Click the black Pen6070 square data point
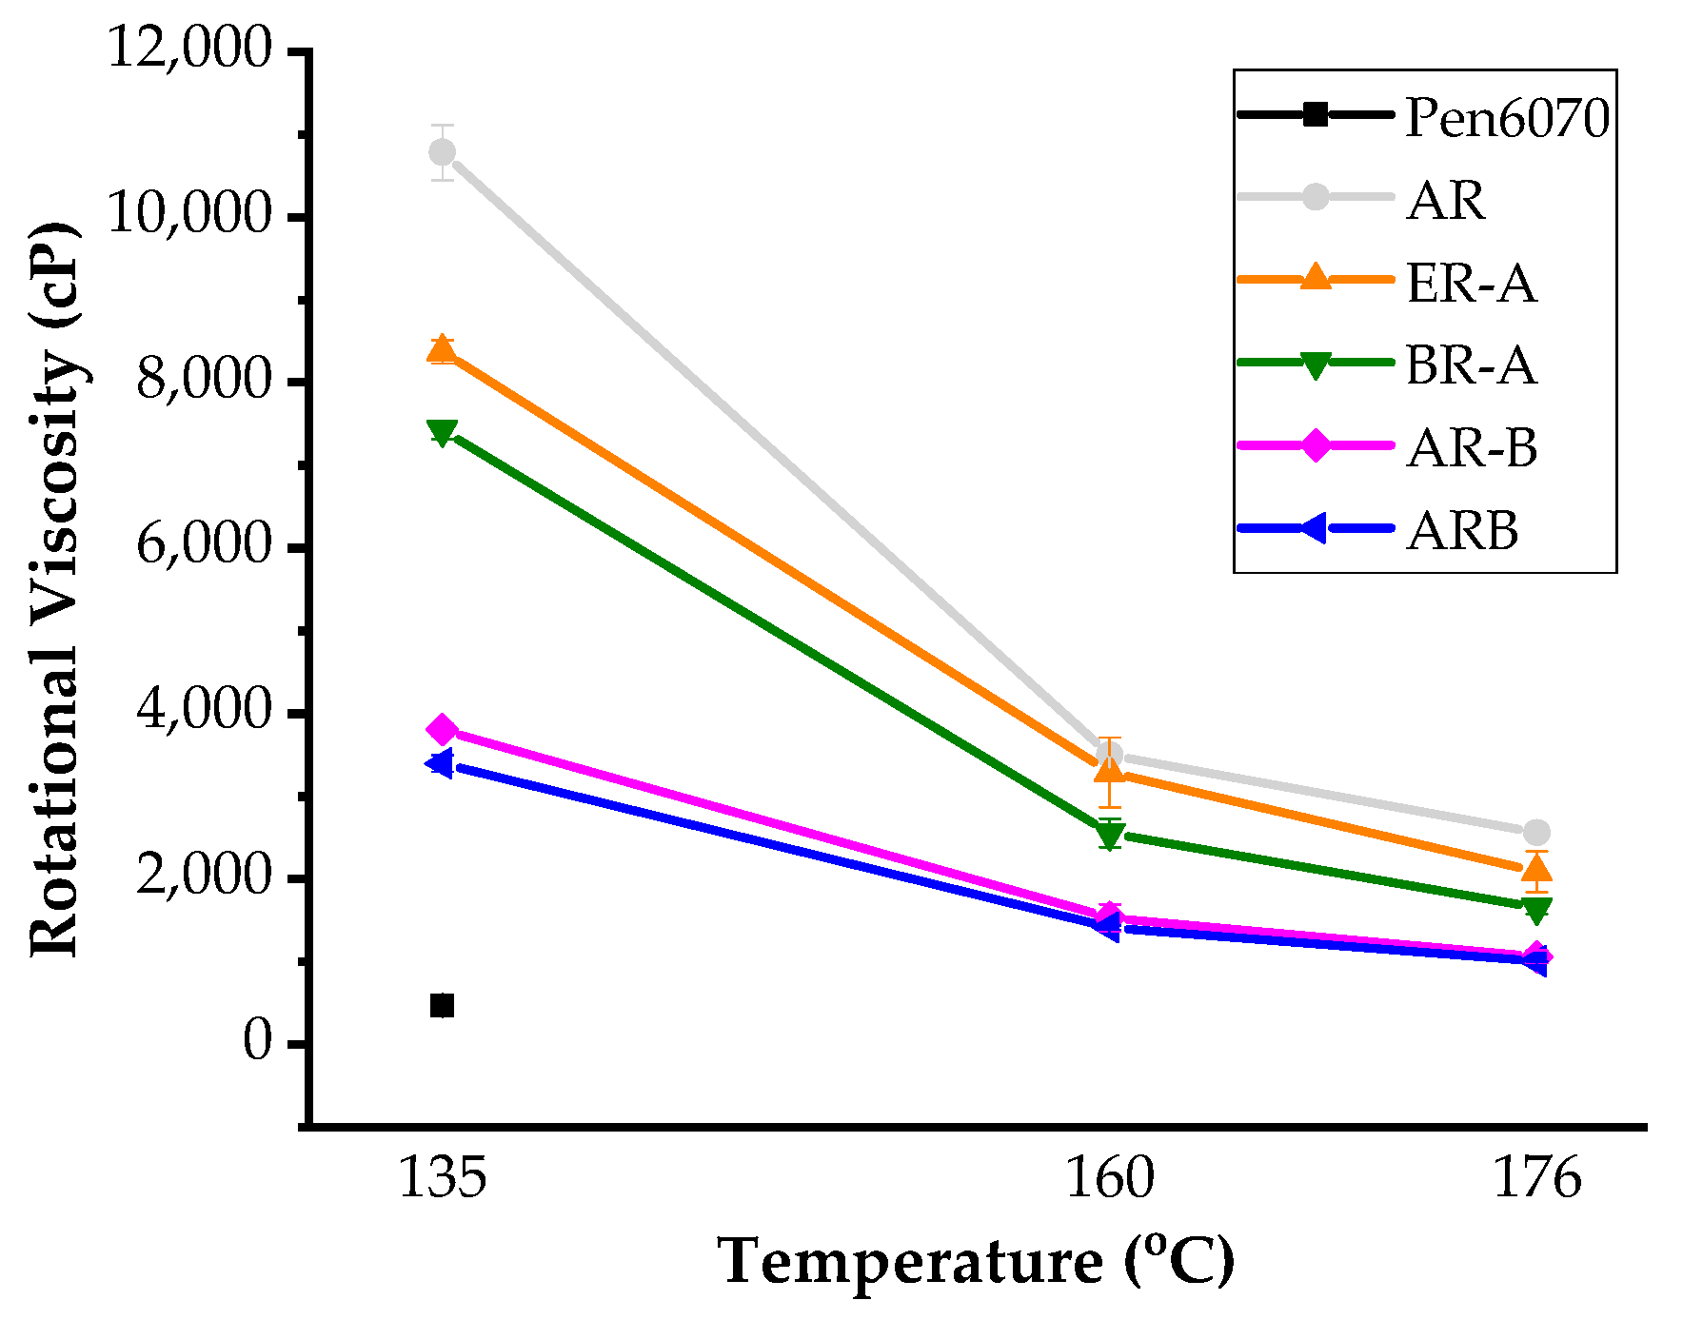(442, 1006)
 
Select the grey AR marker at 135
(442, 152)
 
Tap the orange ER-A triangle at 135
(442, 350)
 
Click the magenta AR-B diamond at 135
(442, 730)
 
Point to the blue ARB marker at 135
(440, 762)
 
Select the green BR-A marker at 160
(1109, 836)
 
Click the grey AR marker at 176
(1536, 832)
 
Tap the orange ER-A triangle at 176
(1536, 868)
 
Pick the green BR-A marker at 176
(1536, 910)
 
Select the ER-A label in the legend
(1471, 284)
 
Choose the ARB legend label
(1462, 531)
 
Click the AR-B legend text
(1472, 448)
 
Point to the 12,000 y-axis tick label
(190, 48)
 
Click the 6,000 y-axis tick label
(205, 545)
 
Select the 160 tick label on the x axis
(1109, 1178)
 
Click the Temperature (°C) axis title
(975, 1263)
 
